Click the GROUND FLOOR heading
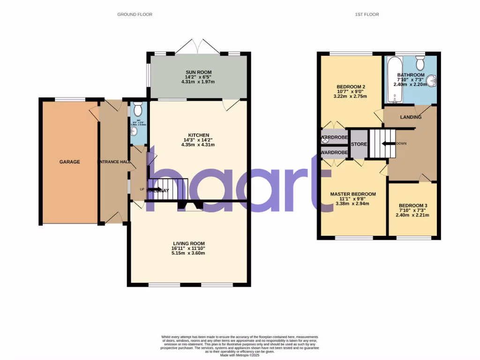pyautogui.click(x=135, y=15)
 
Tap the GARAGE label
pyautogui.click(x=69, y=162)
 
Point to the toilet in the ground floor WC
pyautogui.click(x=137, y=110)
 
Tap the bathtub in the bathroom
pyautogui.click(x=393, y=80)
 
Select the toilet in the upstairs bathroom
pyautogui.click(x=420, y=63)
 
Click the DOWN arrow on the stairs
pyautogui.click(x=389, y=143)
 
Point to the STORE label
pyautogui.click(x=359, y=144)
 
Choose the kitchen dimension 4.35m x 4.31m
pyautogui.click(x=198, y=145)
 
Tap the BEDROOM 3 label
pyautogui.click(x=413, y=206)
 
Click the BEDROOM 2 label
pyautogui.click(x=351, y=87)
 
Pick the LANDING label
pyautogui.click(x=410, y=117)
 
